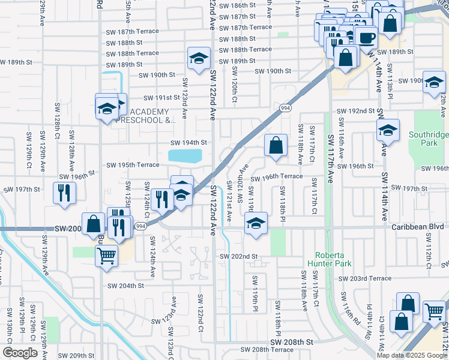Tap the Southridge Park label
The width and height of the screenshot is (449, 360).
tap(428, 139)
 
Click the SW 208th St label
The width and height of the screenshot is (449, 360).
tap(292, 341)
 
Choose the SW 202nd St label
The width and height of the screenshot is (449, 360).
tap(238, 256)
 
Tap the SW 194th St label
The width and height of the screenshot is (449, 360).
tap(188, 143)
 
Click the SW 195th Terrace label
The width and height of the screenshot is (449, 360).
tap(133, 165)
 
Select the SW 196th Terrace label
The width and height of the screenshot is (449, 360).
tap(277, 177)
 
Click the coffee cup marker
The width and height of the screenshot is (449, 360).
tap(366, 37)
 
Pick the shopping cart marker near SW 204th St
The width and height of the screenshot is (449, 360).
tap(106, 256)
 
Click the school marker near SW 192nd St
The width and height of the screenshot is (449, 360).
tap(388, 130)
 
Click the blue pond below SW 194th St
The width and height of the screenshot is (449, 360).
tap(185, 157)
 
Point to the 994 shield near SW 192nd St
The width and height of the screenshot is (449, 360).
tap(285, 107)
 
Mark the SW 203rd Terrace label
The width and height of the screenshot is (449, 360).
tap(364, 278)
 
